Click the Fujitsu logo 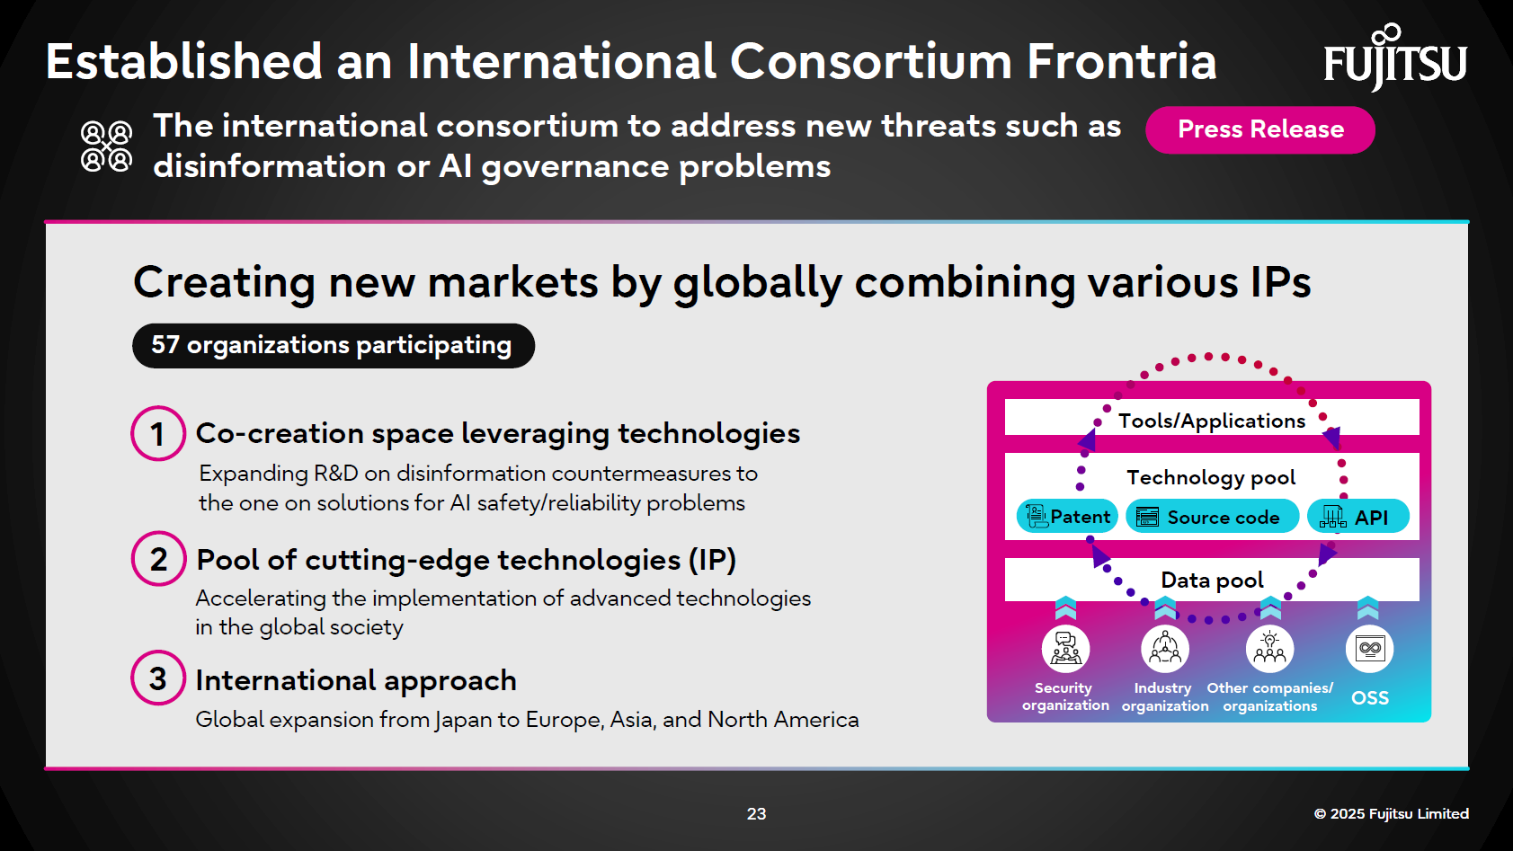1394,59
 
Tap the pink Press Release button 1259,129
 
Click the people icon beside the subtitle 106,146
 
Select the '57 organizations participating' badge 333,345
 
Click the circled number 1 158,434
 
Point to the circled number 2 158,559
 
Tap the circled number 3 158,678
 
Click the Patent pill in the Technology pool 1068,517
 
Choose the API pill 1357,517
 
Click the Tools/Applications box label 1211,421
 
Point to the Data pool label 1211,581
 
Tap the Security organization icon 1065,648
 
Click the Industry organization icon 1165,648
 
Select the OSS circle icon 1369,648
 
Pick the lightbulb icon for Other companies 1269,648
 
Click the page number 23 756,813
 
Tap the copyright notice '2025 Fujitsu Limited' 1391,813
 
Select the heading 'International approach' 356,680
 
